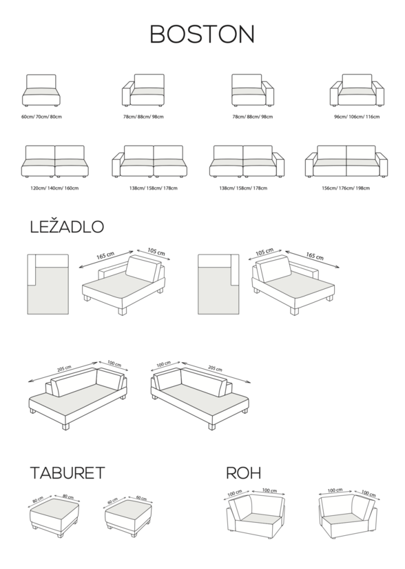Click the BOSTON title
[202, 34]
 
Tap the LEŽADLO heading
[67, 226]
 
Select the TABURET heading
[67, 473]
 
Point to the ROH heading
[243, 473]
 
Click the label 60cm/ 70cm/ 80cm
[41, 117]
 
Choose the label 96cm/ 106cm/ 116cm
[357, 117]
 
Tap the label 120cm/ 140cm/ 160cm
[54, 188]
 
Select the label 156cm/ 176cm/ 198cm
[346, 188]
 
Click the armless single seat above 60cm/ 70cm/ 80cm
[41, 91]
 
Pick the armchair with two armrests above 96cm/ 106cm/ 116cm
[357, 90]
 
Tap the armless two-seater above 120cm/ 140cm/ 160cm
[54, 161]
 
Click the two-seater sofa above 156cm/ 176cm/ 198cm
[346, 161]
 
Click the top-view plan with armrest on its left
[48, 284]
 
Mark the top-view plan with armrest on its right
[218, 284]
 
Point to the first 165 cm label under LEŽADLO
[105, 255]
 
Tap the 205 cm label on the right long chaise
[215, 368]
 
